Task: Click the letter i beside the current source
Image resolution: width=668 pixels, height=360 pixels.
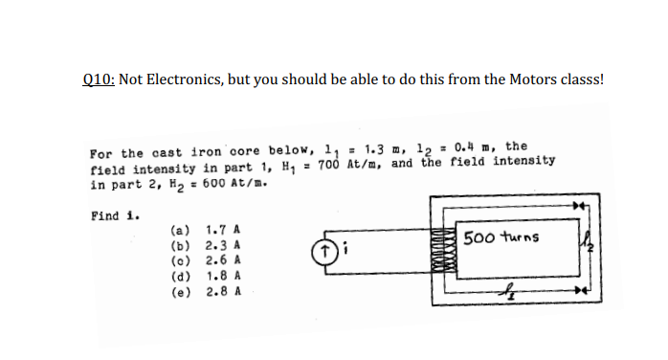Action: [x=344, y=253]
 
